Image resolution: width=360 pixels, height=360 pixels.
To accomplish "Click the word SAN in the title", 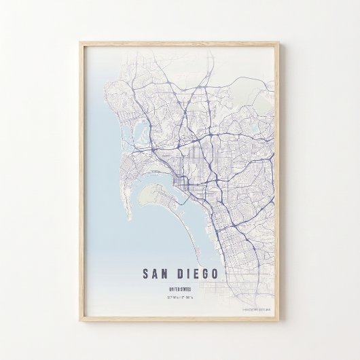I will (158, 274).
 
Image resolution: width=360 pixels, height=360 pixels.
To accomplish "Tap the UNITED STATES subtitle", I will (180, 289).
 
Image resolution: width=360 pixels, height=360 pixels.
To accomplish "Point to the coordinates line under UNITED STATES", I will (180, 297).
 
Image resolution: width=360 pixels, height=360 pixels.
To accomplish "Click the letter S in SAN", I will (146, 274).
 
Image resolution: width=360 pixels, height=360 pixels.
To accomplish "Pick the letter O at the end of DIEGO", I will (215, 274).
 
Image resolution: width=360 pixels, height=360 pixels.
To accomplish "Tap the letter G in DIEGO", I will (204, 274).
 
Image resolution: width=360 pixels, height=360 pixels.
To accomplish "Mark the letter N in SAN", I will (168, 274).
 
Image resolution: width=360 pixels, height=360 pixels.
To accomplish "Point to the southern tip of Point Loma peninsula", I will (128, 219).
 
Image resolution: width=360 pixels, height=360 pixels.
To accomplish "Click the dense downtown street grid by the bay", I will (180, 180).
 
